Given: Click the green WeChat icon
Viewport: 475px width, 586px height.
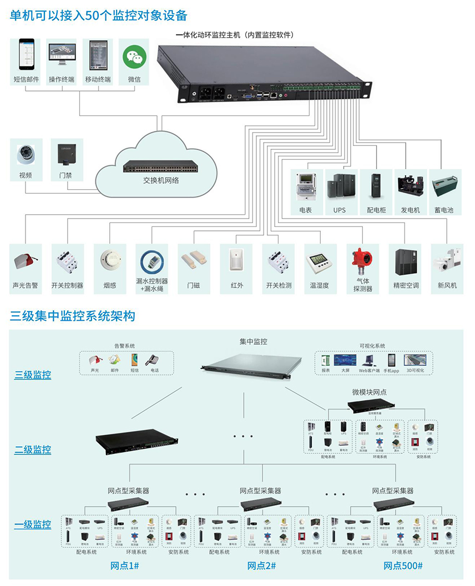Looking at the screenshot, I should [x=134, y=55].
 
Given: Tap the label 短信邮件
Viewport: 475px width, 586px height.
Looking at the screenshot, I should [x=26, y=79].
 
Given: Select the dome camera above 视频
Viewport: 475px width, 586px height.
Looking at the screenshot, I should [x=26, y=155].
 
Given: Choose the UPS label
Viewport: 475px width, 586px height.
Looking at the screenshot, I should [x=340, y=210].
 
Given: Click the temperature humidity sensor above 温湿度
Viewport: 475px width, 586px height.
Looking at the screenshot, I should [x=319, y=261].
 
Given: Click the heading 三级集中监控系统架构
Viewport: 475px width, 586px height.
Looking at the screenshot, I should [x=72, y=316].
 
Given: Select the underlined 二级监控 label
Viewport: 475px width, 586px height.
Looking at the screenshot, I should [x=33, y=449].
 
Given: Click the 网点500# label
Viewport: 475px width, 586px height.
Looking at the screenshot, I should [x=403, y=565].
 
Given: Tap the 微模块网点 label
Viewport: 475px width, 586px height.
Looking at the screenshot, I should [x=369, y=392].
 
